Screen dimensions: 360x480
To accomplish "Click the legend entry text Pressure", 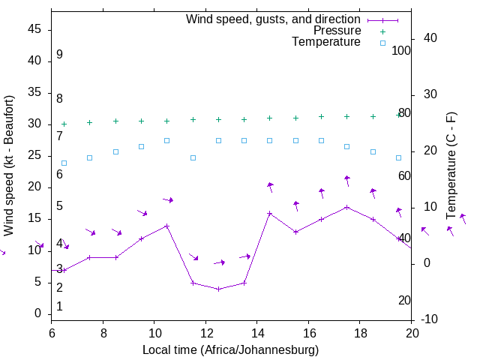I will (337, 31).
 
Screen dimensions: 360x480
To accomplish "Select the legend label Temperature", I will (326, 42).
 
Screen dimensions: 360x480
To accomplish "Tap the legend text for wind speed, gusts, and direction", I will (274, 19).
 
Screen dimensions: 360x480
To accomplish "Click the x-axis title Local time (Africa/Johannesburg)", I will (231, 350).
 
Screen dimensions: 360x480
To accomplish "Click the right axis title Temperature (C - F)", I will (451, 163).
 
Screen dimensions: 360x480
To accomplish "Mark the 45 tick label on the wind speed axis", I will (34, 29).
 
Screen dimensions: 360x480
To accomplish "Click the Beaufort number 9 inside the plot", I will (59, 55).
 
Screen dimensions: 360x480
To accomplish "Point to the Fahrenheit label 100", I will (402, 50).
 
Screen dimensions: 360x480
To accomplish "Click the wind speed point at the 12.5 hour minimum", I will (218, 289).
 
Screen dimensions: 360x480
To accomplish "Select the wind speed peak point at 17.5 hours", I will (346, 207).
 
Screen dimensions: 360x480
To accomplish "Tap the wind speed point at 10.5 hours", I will (166, 226).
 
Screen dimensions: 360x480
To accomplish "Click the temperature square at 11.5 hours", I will (193, 157).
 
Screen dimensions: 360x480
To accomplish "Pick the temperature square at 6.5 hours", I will (64, 163).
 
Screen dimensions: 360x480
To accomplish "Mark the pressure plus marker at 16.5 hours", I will (321, 117).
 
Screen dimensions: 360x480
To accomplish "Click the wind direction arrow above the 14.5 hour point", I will (270, 186).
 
